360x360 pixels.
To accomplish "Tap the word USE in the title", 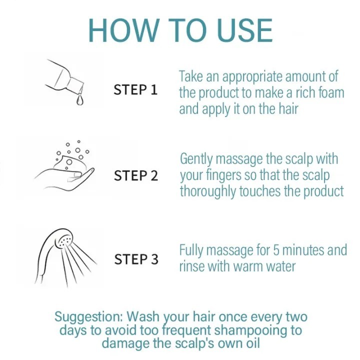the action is coord(244,30).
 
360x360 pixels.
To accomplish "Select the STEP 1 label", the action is coord(135,89).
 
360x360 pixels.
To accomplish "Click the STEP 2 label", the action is coord(136,175).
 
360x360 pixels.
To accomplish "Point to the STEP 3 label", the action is coord(136,259).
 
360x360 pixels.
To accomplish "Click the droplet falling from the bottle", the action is coord(80,100).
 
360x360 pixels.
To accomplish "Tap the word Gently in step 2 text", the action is coord(196,159).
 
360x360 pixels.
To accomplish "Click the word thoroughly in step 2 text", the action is coord(208,192).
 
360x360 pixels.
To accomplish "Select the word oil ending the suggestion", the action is coord(252,343).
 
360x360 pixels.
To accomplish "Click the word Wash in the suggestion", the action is coord(143,316).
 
